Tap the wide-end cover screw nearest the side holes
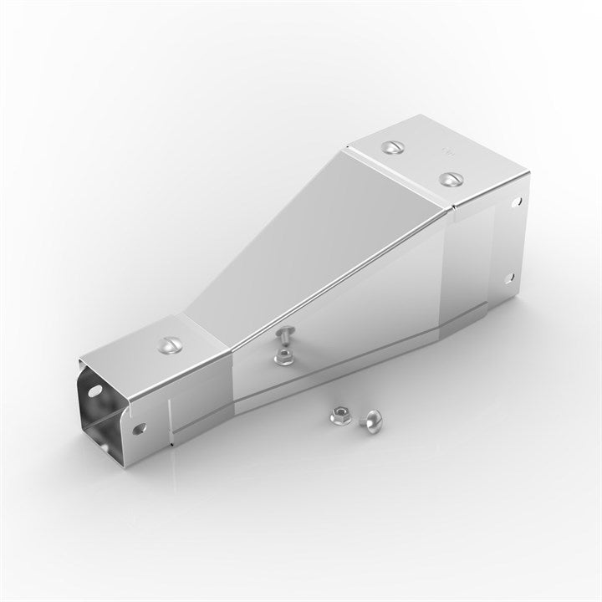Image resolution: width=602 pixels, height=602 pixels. coord(451,178)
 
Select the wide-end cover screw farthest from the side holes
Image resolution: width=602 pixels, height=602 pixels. coord(391,147)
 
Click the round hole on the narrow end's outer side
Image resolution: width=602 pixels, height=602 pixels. coord(140,427)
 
